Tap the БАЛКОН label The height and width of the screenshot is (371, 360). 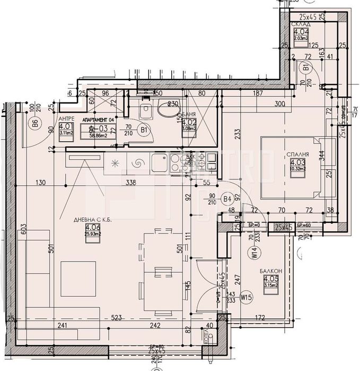click(270, 271)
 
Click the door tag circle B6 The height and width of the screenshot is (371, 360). click(35, 125)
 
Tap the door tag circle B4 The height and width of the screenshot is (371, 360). click(227, 199)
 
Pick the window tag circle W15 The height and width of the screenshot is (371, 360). click(245, 297)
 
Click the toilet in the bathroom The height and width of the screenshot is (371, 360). click(145, 111)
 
